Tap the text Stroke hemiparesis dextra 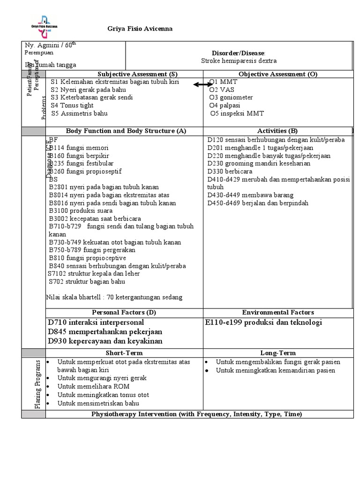[239, 61]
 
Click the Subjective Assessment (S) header [137, 74]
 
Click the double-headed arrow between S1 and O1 [203, 84]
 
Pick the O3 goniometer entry [231, 97]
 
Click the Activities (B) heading [277, 131]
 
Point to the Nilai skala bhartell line [114, 297]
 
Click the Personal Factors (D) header [124, 312]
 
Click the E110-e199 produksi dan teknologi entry [263, 322]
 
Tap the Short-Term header [124, 352]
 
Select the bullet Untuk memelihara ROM [93, 386]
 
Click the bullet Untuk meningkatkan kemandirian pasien [276, 370]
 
